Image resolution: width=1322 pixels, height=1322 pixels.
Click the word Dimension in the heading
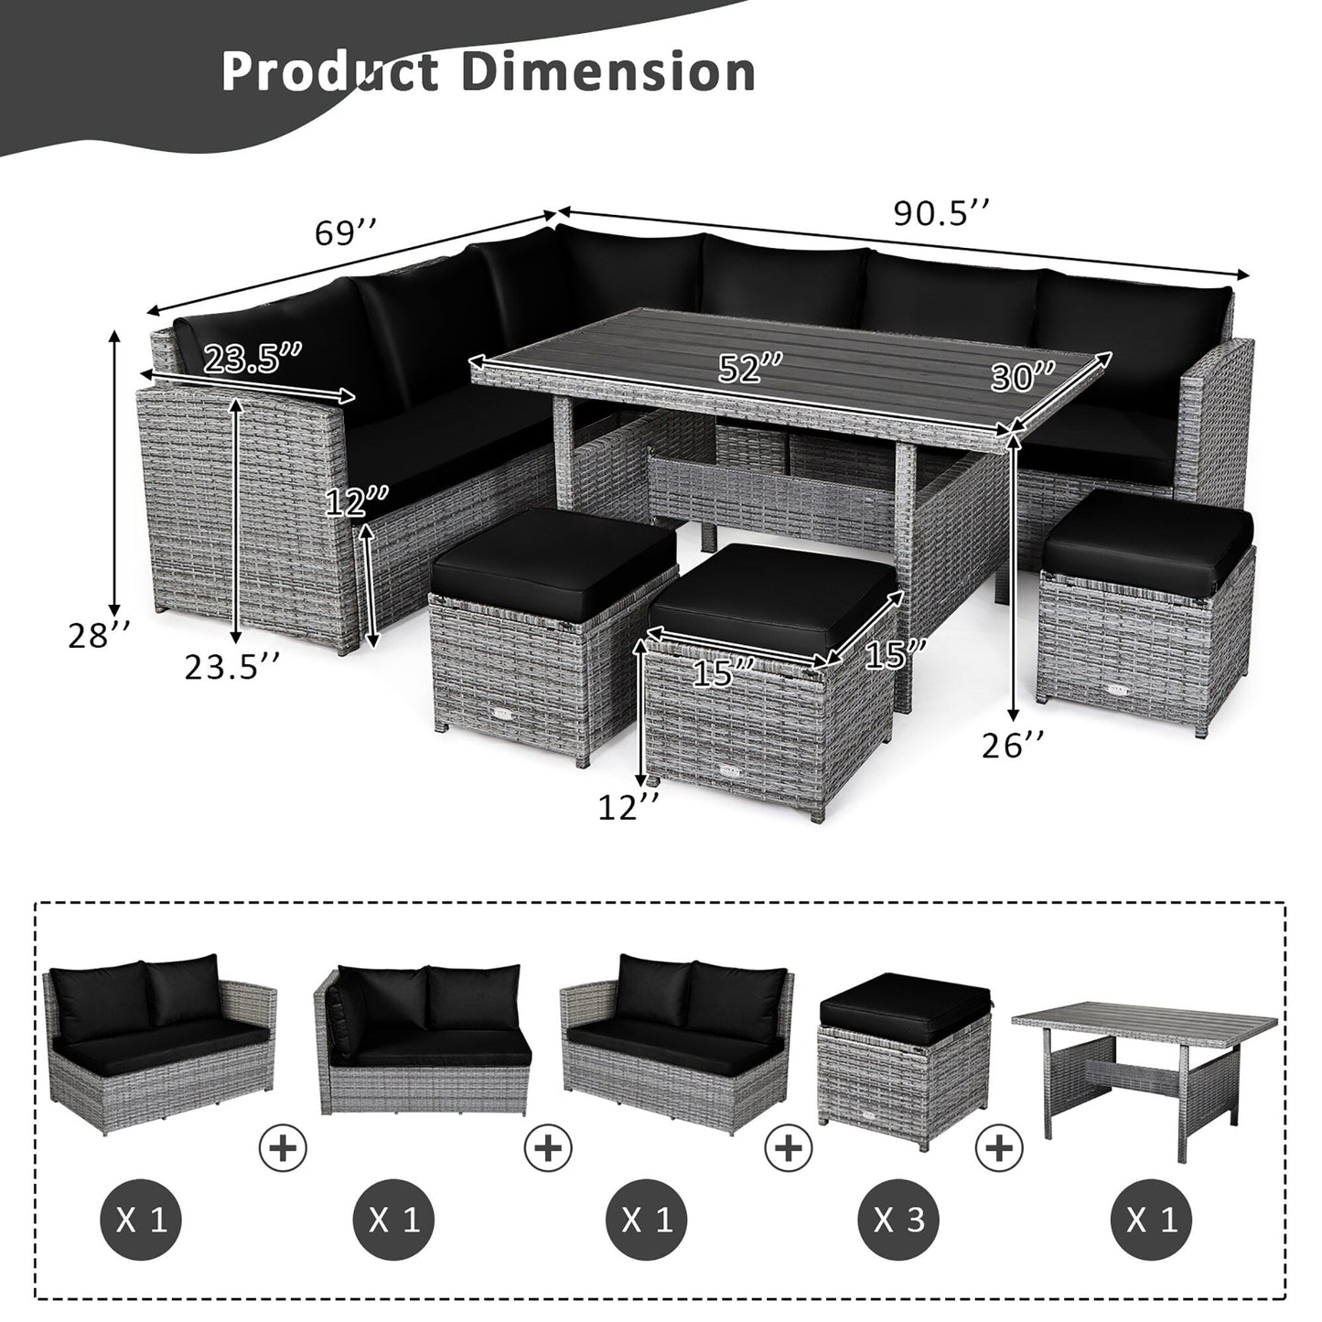click(x=607, y=71)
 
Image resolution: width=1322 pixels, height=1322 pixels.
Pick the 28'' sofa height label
click(x=100, y=636)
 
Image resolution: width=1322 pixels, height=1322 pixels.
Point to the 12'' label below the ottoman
click(x=629, y=807)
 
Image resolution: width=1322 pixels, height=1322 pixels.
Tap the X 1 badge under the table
click(x=1151, y=1220)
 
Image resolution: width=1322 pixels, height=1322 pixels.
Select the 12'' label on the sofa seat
click(x=358, y=501)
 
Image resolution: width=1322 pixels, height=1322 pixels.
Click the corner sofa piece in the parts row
click(x=423, y=1043)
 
